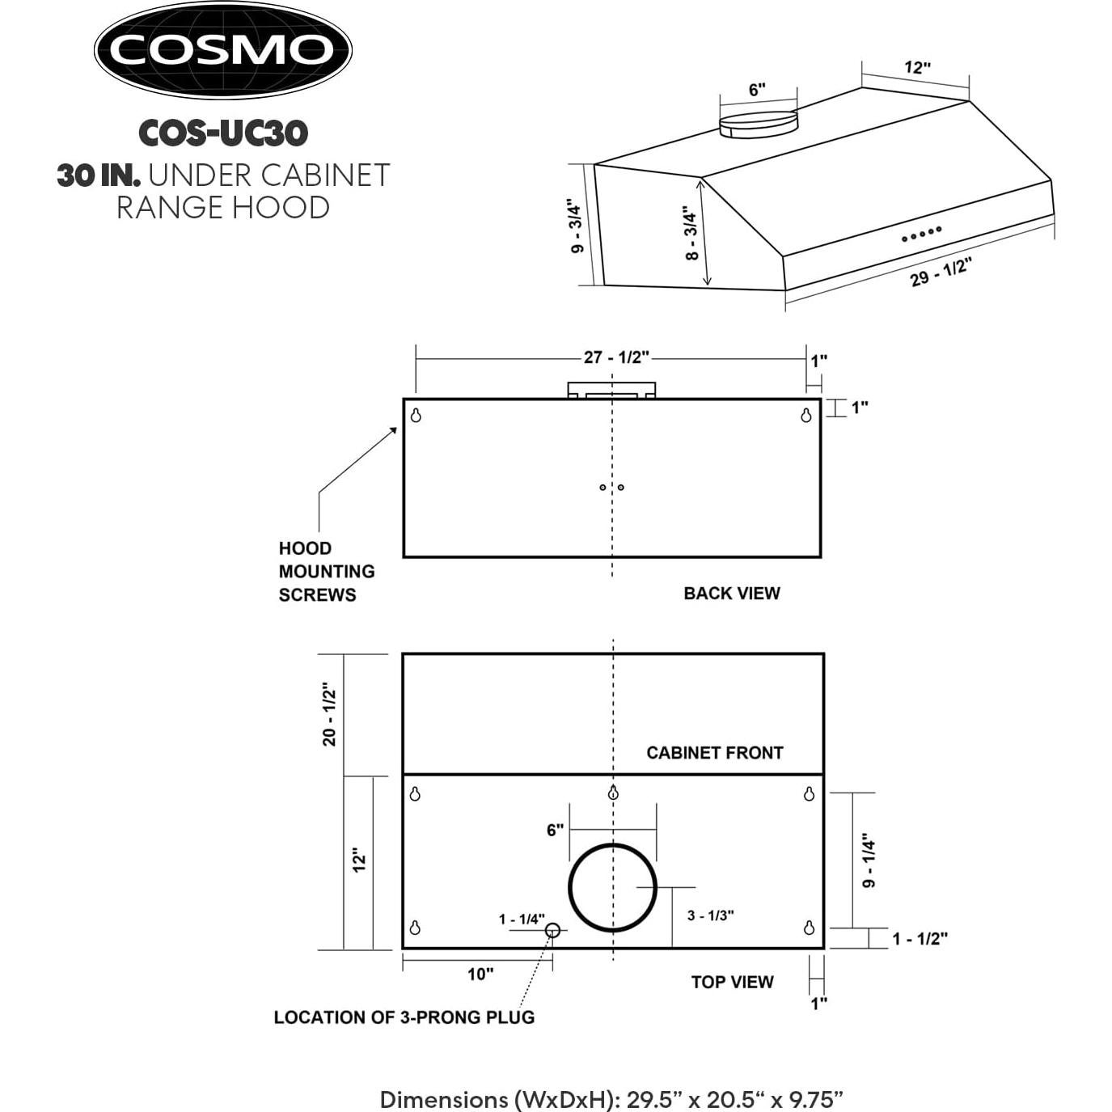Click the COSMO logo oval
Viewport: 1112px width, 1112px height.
click(x=222, y=50)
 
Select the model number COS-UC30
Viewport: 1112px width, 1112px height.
click(x=223, y=133)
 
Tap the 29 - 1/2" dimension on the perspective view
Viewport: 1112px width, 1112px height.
click(x=940, y=272)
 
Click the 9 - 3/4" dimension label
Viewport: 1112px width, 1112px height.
click(x=577, y=226)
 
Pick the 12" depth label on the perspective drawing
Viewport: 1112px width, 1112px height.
click(x=917, y=67)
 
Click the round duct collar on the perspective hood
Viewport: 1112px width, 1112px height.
click(x=759, y=124)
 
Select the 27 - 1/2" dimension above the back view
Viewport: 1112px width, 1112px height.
click(x=616, y=357)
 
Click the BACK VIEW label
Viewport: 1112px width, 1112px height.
click(x=731, y=593)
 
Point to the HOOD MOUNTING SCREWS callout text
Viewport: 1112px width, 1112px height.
click(x=327, y=571)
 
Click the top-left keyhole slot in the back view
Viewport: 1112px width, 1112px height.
click(x=416, y=416)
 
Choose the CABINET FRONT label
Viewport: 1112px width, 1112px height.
click(x=714, y=753)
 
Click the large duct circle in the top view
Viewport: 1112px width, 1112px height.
click(x=612, y=887)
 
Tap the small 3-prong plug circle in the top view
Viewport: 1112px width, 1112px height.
click(x=552, y=930)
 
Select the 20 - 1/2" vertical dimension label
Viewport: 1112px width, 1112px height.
click(x=329, y=714)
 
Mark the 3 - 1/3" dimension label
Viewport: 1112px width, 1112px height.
click(x=710, y=915)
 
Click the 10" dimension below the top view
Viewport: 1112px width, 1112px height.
click(x=480, y=974)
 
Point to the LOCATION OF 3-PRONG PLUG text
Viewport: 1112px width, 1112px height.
click(x=404, y=1017)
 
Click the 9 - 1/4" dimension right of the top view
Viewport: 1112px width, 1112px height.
click(x=869, y=860)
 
